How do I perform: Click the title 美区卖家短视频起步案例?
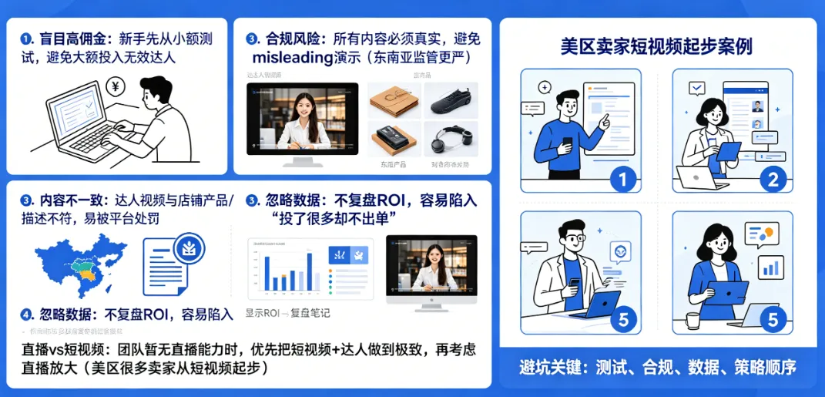pos(657,47)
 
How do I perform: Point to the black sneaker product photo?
pos(451,100)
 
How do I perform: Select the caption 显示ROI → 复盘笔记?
pos(287,313)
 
